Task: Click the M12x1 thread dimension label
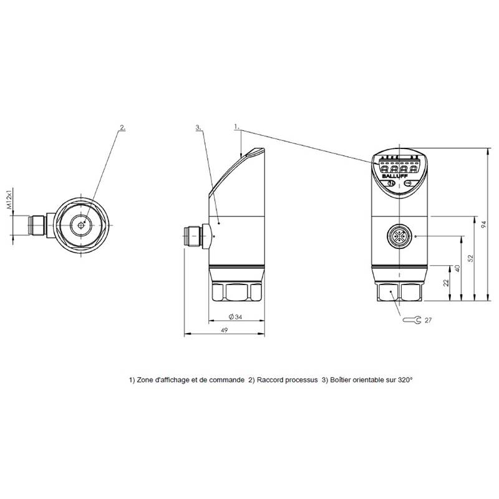click(9, 198)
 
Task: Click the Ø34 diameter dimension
click(236, 317)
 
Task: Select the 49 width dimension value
click(225, 330)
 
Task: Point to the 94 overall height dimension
click(484, 225)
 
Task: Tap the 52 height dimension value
click(471, 258)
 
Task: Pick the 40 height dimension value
click(458, 268)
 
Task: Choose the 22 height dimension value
click(446, 283)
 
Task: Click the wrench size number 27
click(428, 320)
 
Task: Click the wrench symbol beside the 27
click(412, 320)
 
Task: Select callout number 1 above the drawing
click(237, 127)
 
